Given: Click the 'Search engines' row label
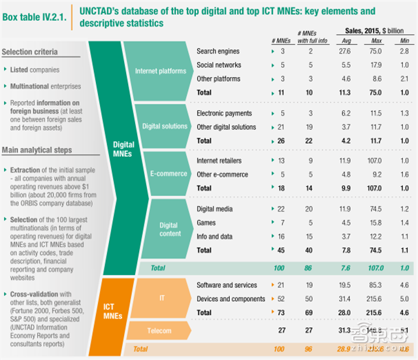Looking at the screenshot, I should coord(218,51).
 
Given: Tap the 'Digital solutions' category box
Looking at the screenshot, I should coord(164,126).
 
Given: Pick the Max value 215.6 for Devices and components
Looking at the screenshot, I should coord(374,299).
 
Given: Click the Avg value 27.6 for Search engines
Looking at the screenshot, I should coord(347,51).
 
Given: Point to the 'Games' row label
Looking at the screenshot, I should coord(206,223).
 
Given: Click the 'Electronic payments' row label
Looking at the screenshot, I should coord(224,113).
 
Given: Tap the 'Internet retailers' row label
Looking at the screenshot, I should coord(219,161).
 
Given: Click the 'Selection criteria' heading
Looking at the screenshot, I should coord(29,52).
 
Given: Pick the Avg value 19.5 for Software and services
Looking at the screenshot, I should coord(347,285).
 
